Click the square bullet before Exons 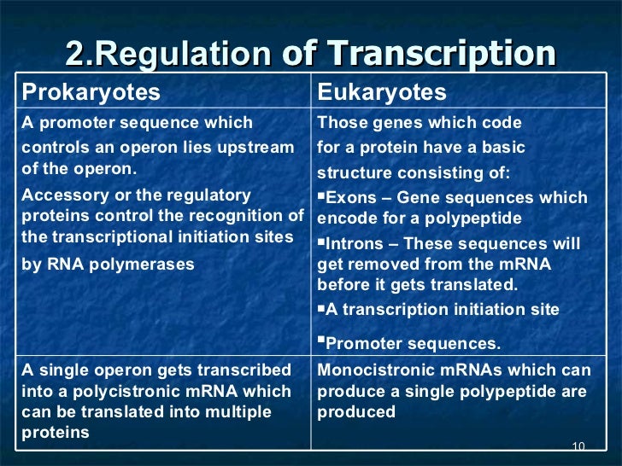click(321, 196)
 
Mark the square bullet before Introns click(321, 242)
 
